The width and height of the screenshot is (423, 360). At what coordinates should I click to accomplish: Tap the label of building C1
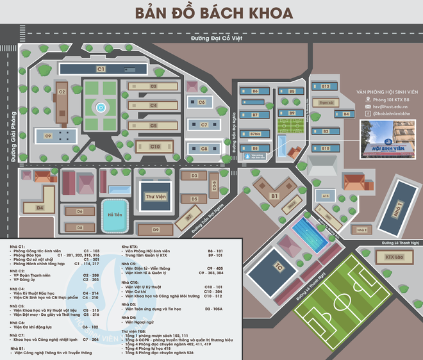coord(101,68)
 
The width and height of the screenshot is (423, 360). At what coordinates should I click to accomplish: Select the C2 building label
coord(62,92)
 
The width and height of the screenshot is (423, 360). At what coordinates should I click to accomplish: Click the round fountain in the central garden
coord(99,107)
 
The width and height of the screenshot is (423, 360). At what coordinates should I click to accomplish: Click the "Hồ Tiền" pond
coord(115,214)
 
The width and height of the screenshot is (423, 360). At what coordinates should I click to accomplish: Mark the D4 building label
coord(39,208)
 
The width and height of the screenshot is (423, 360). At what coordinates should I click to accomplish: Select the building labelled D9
coord(156,229)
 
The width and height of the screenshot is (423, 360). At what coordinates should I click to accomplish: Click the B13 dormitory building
coord(325,86)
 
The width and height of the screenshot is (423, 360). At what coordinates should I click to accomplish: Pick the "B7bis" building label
coord(254,133)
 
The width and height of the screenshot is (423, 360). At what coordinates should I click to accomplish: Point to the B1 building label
coord(274,196)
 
